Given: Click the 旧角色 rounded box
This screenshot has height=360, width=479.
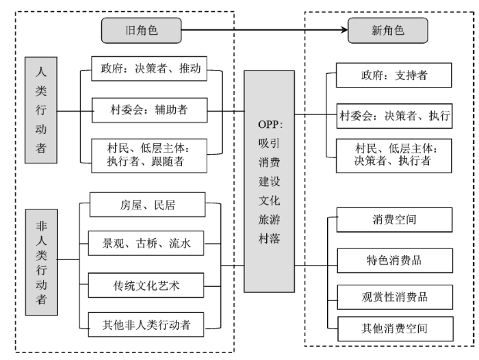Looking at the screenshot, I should [x=140, y=30].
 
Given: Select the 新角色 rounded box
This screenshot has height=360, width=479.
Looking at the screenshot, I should [x=387, y=30].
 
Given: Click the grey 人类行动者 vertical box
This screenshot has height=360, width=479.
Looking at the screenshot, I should [x=40, y=110].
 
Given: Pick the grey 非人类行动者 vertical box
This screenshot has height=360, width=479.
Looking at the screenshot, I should [x=40, y=261].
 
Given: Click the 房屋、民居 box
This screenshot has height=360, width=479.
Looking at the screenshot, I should [x=147, y=204].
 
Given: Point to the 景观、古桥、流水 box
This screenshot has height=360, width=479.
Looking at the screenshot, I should [x=147, y=243].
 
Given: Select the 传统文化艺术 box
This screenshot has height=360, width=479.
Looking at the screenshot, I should [x=147, y=283].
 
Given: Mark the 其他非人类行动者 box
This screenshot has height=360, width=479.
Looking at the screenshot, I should [x=147, y=323].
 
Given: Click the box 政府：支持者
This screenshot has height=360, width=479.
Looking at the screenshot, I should [x=393, y=75].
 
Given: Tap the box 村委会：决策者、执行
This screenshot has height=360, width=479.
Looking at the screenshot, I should [x=393, y=115].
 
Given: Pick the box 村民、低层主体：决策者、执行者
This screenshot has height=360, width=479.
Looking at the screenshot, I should [x=393, y=154].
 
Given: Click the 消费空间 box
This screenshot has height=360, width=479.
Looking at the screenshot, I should [x=393, y=220].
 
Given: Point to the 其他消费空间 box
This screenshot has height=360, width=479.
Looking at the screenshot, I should [x=393, y=329].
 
